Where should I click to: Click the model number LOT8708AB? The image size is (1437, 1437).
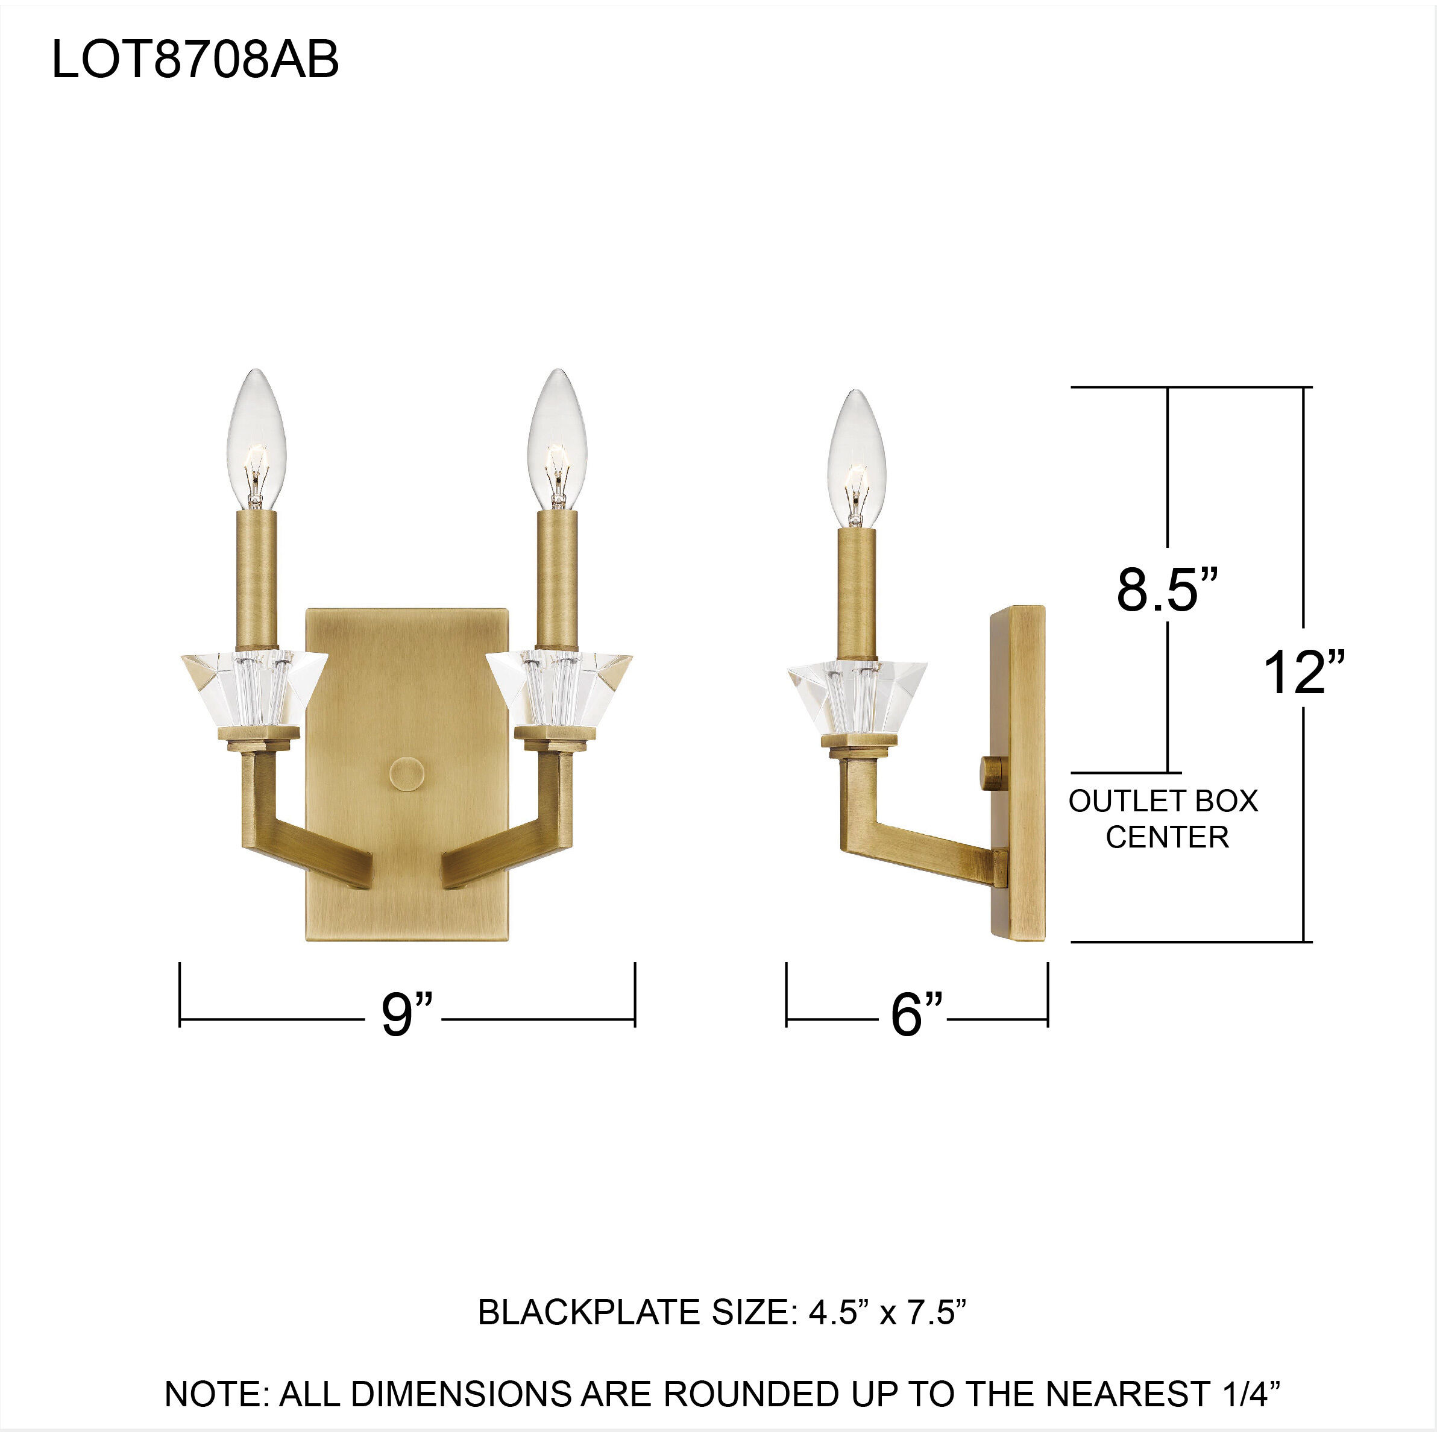195,60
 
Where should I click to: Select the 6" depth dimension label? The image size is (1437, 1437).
916,1015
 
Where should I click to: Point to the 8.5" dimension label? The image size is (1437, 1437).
1167,590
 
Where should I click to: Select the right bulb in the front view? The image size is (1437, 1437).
557,441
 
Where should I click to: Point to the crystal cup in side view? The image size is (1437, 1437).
857,695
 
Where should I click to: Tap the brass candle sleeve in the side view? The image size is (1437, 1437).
857,593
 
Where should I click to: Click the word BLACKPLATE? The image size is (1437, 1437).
591,1313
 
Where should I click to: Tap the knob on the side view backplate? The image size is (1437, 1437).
990,775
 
